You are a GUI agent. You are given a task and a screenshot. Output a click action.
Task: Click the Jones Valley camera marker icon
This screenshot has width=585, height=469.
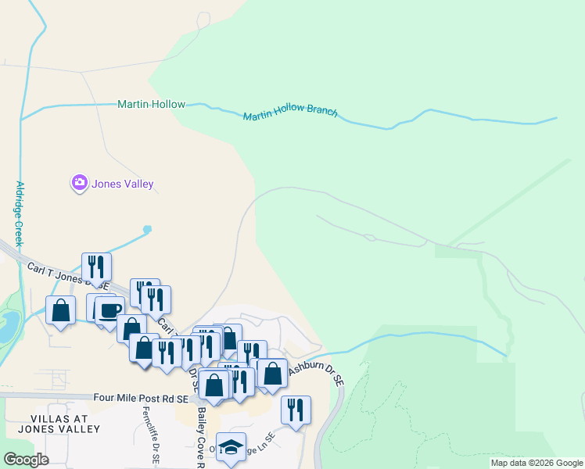click(79, 184)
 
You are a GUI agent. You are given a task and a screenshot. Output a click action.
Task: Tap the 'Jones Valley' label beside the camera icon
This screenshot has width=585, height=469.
click(123, 184)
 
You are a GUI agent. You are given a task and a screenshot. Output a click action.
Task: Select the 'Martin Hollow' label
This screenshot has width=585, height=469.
click(151, 104)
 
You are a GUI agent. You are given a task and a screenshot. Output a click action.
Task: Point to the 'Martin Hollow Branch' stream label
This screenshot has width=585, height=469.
click(290, 113)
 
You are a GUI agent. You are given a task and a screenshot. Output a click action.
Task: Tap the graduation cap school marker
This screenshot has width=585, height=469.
click(231, 446)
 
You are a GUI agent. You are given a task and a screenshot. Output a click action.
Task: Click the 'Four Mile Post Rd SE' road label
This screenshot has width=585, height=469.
click(141, 398)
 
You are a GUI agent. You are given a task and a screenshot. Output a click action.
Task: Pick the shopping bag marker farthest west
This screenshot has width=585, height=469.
click(60, 310)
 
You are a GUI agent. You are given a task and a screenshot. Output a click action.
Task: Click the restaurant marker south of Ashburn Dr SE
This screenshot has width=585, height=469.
click(296, 410)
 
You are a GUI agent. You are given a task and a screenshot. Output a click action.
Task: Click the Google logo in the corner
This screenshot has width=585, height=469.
click(26, 460)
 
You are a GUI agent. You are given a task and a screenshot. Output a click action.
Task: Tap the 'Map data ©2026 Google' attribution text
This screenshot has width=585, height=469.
click(536, 463)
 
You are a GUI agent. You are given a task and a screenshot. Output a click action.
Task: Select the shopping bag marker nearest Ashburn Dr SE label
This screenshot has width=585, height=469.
click(272, 373)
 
